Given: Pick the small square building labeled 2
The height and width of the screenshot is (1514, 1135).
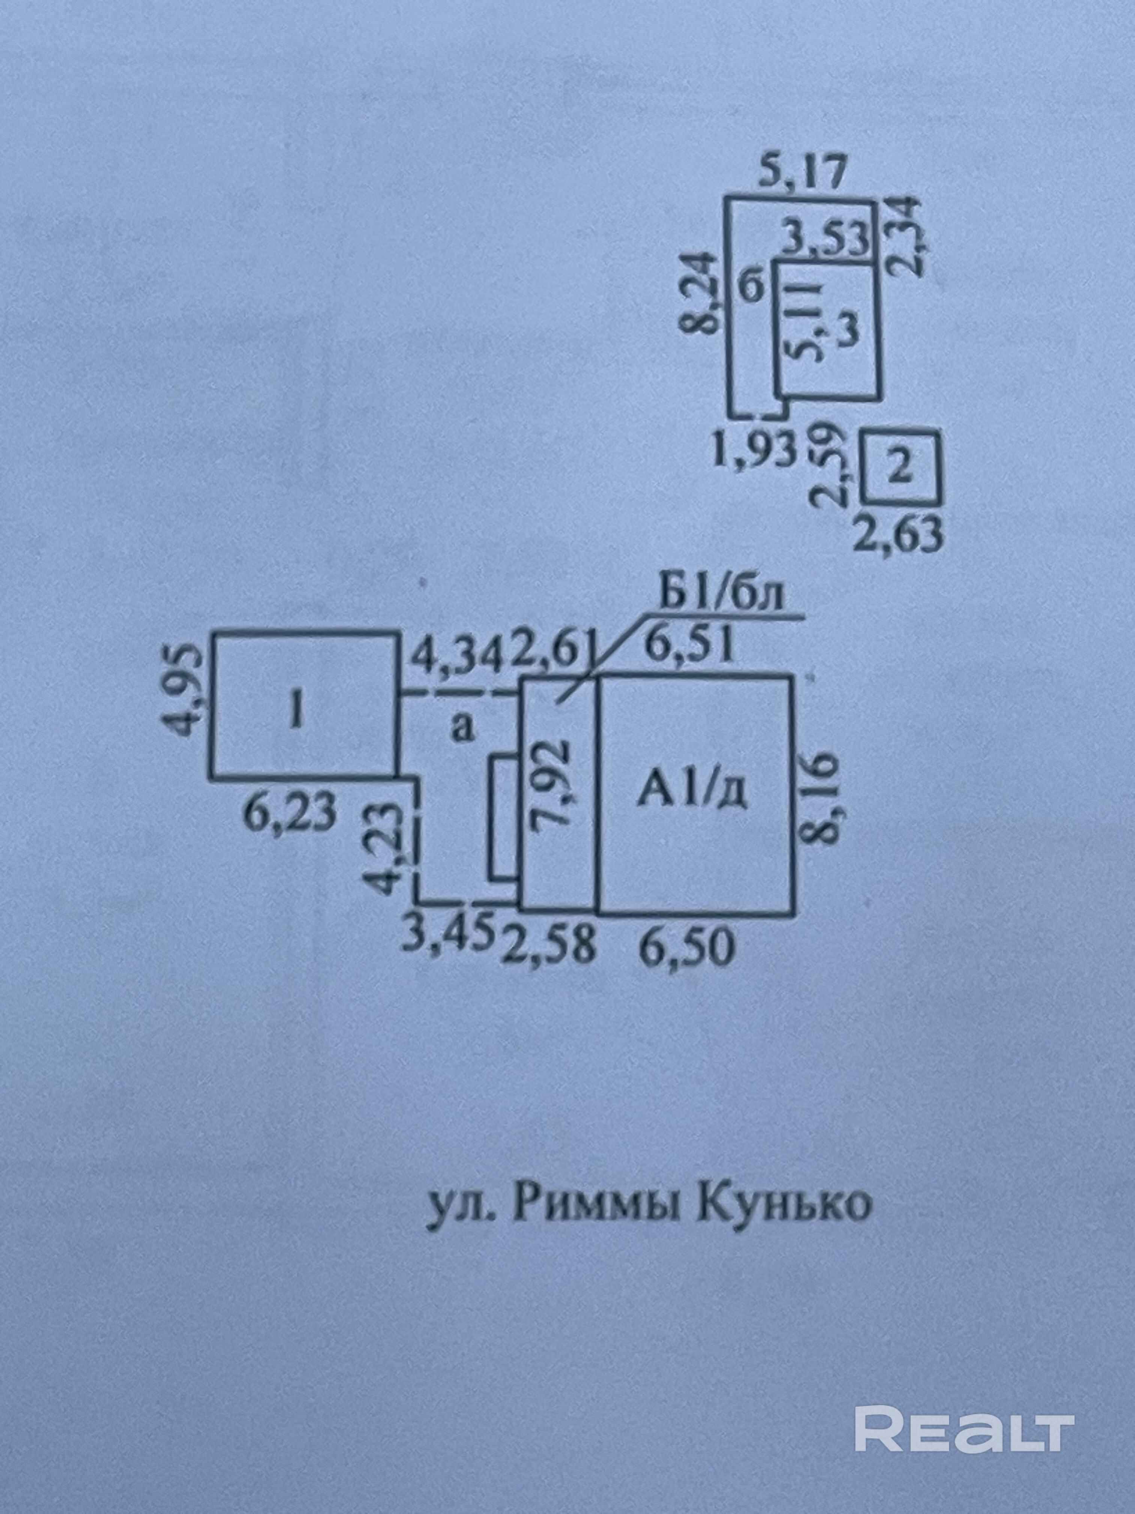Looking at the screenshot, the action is pyautogui.click(x=901, y=467).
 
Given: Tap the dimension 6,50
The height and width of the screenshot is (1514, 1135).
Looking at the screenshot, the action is pyautogui.click(x=688, y=949).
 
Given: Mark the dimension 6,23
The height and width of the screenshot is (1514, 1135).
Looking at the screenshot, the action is pyautogui.click(x=291, y=813).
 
